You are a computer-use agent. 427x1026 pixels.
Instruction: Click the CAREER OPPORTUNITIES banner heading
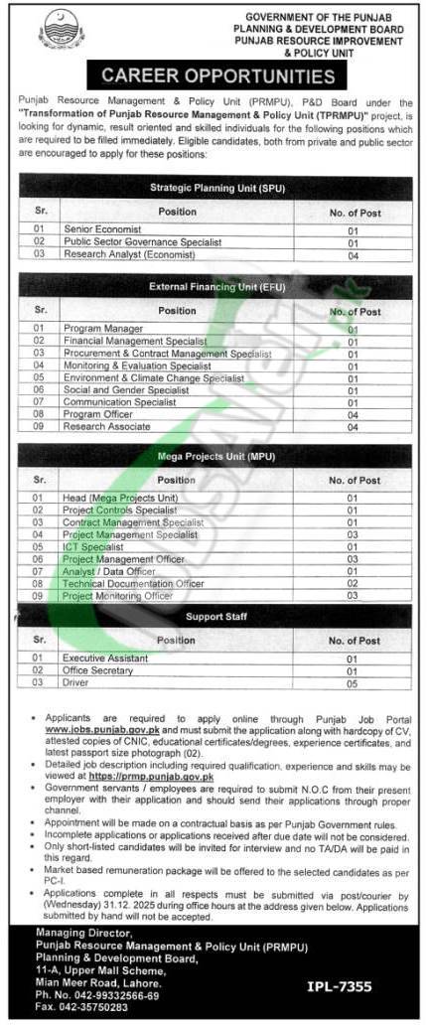click(213, 75)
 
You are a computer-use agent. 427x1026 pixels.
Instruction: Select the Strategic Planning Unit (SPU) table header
click(213, 186)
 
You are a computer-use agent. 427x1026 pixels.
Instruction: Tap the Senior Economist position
click(101, 229)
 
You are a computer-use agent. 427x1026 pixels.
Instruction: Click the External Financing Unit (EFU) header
click(213, 287)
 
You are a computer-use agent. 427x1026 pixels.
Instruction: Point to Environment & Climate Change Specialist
click(153, 378)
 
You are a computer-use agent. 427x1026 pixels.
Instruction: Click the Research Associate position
click(107, 426)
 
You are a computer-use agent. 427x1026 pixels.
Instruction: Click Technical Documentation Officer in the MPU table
click(133, 583)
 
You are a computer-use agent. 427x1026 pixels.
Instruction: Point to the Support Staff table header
click(213, 617)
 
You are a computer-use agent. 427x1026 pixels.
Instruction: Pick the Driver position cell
click(75, 682)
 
